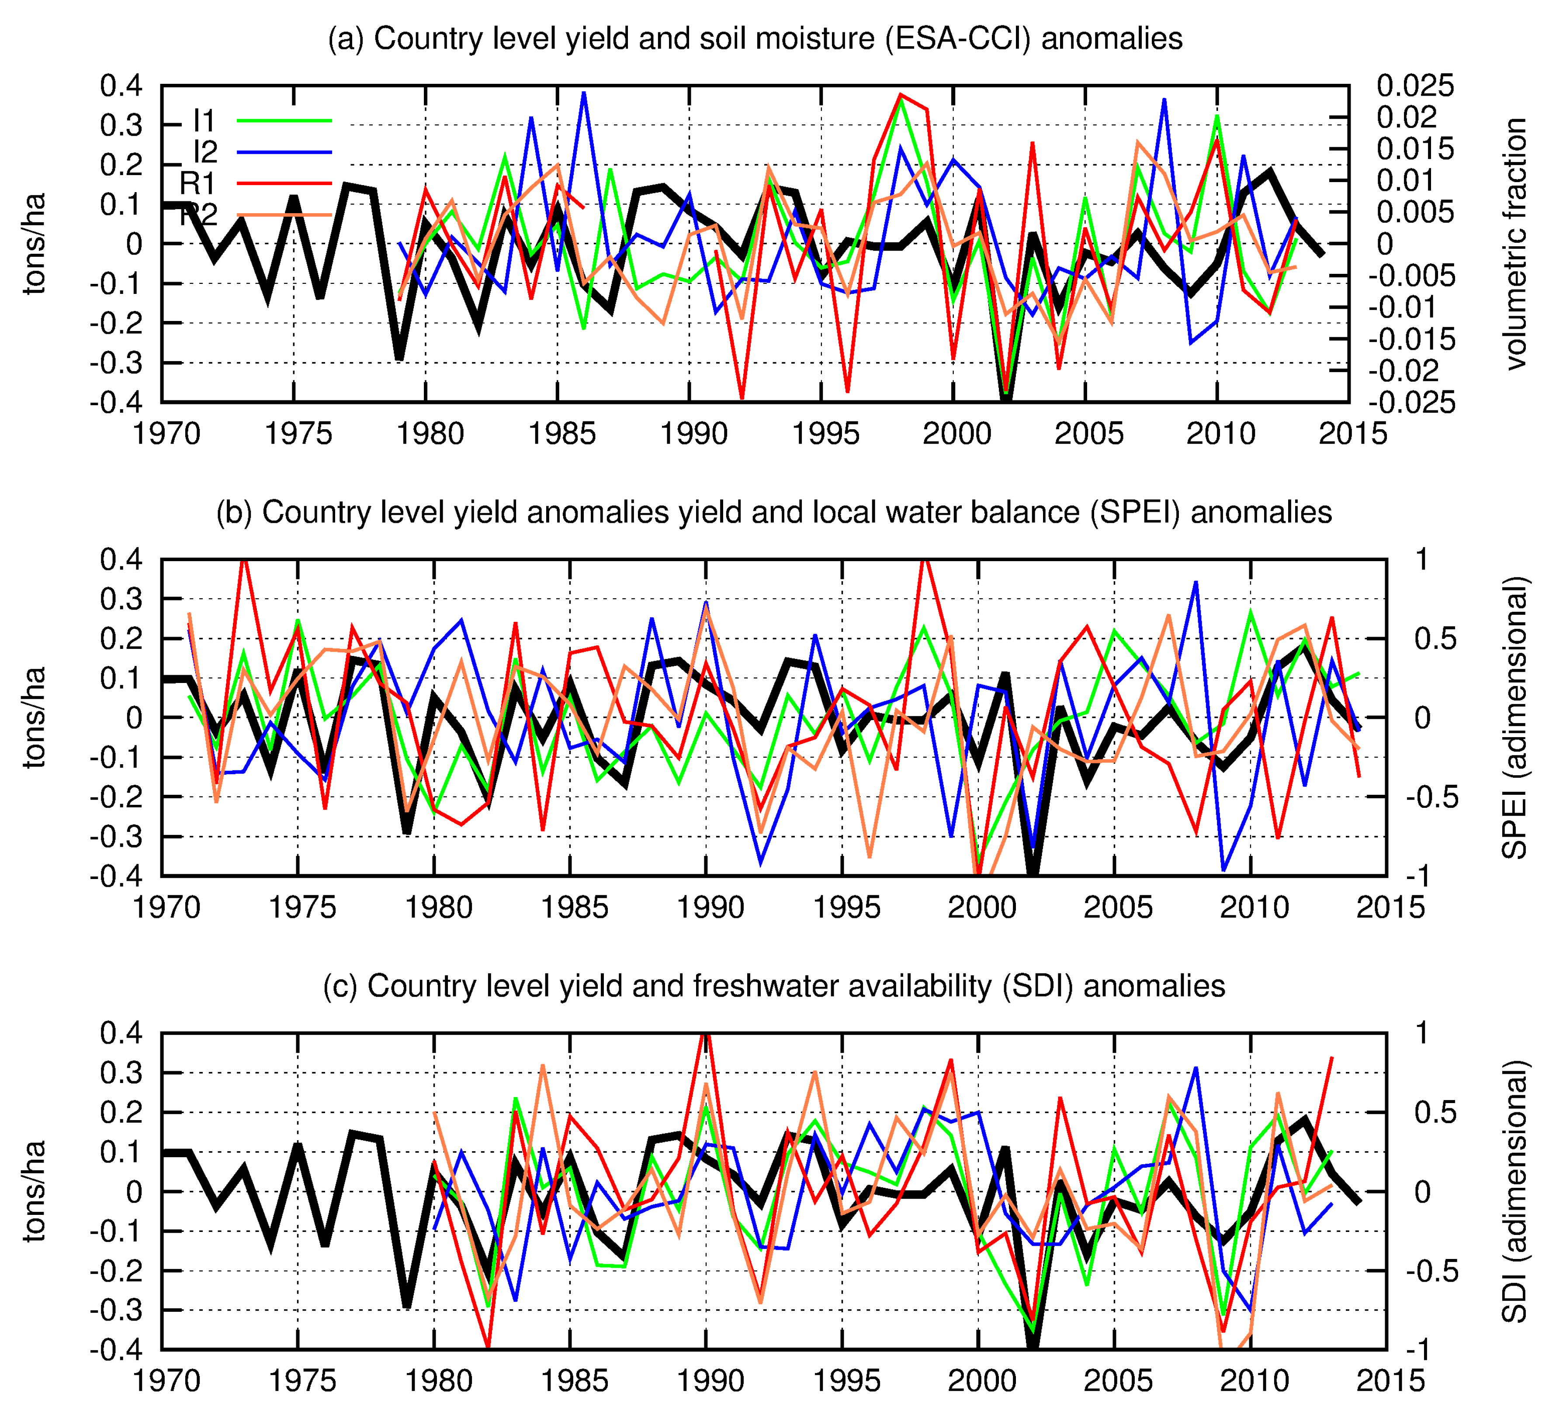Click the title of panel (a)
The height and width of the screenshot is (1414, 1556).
[x=755, y=38]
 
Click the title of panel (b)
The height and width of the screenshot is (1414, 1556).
[x=773, y=512]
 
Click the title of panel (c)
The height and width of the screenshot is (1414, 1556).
[x=773, y=986]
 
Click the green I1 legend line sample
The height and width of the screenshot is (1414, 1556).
[x=284, y=121]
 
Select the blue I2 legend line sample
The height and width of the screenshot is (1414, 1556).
[x=284, y=152]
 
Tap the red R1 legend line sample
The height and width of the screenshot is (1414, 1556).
[x=284, y=183]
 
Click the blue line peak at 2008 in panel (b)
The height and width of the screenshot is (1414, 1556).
[x=1196, y=583]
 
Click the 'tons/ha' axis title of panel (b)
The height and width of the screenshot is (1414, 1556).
[x=35, y=717]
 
